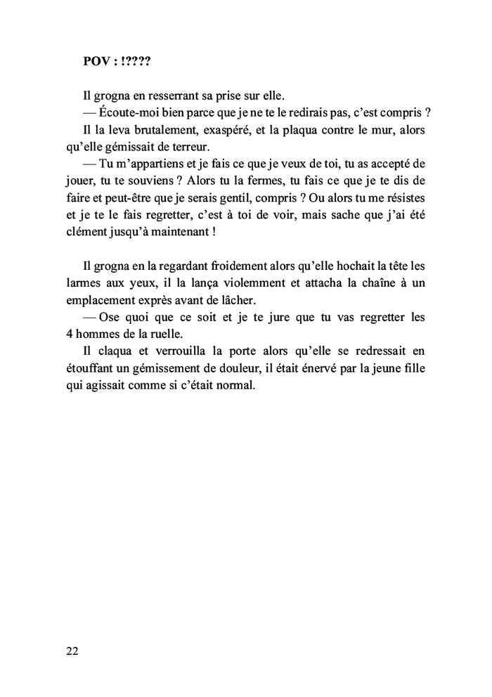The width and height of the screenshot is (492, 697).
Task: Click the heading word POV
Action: (x=96, y=61)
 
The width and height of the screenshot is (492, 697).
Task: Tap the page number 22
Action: (x=72, y=651)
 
